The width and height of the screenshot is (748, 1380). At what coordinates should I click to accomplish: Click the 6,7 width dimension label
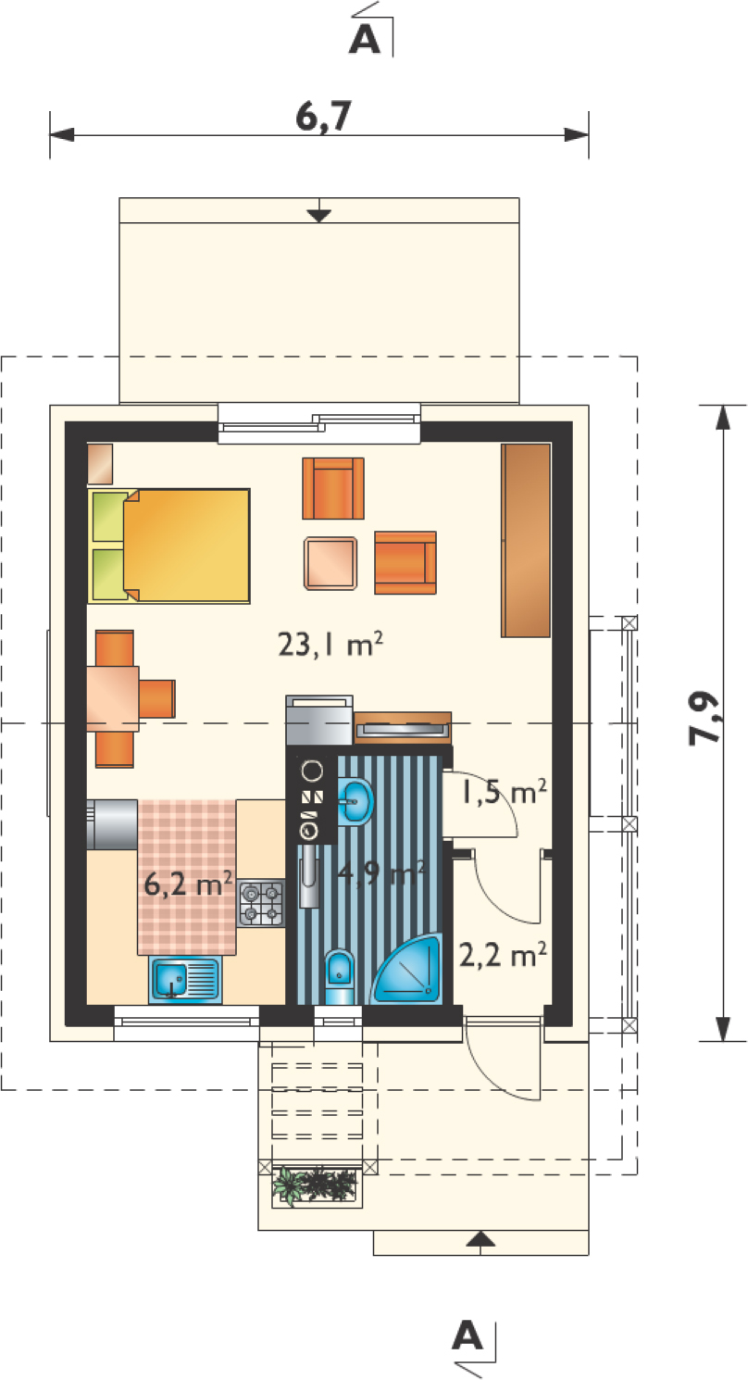(323, 117)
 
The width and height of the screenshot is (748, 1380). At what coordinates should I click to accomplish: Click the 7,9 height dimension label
(703, 719)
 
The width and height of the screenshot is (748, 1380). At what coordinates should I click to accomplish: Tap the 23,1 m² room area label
(330, 645)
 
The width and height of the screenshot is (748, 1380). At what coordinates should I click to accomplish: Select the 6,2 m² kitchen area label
(188, 884)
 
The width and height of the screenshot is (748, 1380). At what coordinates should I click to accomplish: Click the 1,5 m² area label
(504, 792)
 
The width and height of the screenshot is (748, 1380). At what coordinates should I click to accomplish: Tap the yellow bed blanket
(187, 546)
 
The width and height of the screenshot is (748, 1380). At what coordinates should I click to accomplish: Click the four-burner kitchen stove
(261, 903)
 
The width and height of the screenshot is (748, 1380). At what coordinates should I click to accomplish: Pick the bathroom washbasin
(355, 801)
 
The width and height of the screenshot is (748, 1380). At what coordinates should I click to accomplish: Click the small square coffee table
(330, 562)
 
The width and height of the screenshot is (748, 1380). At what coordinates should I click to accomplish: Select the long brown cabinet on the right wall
(526, 540)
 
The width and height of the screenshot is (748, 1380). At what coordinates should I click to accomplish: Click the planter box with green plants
(315, 1186)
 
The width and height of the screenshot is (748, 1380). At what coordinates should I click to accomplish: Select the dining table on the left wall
(113, 698)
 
